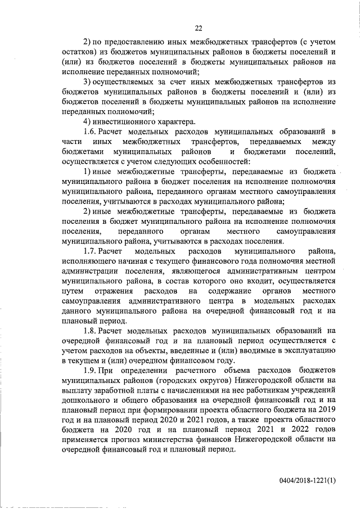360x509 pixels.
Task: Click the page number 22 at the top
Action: coord(199,29)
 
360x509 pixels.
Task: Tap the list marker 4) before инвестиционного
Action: coord(87,121)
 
